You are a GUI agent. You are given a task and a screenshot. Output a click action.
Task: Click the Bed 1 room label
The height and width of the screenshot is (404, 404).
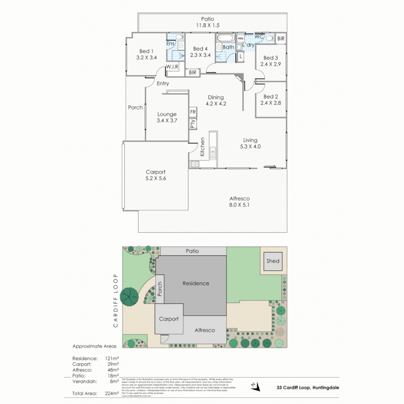pos(146,51)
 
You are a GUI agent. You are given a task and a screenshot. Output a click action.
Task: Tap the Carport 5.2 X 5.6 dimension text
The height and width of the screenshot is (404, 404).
pos(156,178)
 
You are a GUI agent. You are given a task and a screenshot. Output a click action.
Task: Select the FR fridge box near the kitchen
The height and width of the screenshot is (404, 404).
pos(193,112)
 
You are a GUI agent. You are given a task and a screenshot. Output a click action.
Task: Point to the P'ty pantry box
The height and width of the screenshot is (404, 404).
pos(193,123)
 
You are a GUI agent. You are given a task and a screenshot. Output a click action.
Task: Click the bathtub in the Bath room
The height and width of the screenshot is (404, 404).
pos(225,38)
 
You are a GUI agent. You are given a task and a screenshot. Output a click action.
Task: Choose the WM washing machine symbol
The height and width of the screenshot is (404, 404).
pos(241,39)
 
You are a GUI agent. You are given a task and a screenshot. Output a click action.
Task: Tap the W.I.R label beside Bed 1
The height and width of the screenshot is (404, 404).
pos(172,67)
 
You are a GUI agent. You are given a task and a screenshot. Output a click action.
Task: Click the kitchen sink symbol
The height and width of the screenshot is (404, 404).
pos(213,151)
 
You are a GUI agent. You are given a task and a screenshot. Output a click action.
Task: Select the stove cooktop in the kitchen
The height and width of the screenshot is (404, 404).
pos(195,163)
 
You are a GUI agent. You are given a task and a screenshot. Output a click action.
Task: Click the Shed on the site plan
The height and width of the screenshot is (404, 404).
pos(273,261)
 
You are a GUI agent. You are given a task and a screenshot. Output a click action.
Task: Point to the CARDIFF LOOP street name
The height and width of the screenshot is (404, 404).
pos(116,300)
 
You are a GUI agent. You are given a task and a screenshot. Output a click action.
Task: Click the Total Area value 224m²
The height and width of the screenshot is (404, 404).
pos(112,393)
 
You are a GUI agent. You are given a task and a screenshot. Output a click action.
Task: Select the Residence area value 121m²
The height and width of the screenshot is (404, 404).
pos(112,358)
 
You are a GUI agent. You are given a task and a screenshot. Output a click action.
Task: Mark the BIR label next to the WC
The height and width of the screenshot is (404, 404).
pos(281,39)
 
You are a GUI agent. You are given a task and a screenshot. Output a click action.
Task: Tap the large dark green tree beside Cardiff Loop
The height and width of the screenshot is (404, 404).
pos(129,296)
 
